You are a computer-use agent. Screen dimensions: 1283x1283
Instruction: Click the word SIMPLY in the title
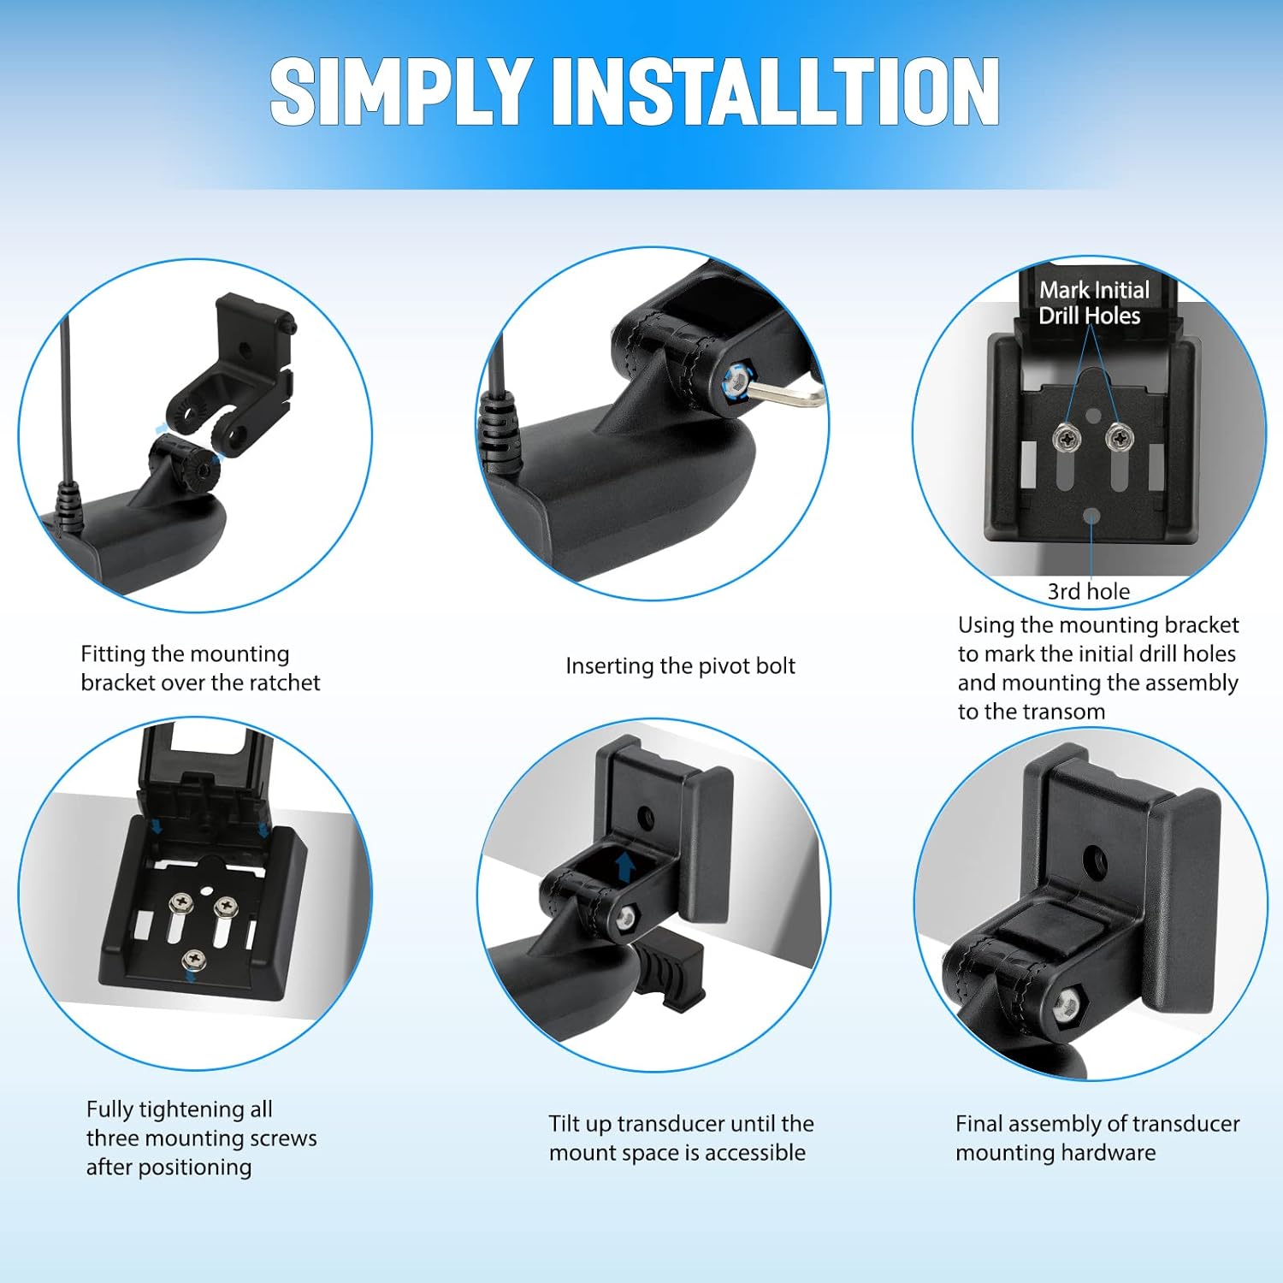click(x=399, y=92)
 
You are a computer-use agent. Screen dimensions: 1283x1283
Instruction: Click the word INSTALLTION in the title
click(x=776, y=92)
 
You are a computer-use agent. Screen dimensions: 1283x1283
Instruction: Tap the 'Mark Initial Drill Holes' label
click(x=1093, y=303)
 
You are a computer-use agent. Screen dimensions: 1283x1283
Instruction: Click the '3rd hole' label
click(x=1088, y=591)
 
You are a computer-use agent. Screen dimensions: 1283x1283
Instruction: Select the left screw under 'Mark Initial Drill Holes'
click(x=1067, y=438)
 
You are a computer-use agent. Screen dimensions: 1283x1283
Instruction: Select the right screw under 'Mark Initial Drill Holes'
click(x=1117, y=438)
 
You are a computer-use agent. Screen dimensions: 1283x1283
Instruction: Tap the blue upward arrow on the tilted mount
click(x=625, y=866)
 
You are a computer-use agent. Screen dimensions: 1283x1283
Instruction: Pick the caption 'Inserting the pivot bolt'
click(x=680, y=666)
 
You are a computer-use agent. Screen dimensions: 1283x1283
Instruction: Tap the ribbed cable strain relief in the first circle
click(x=69, y=508)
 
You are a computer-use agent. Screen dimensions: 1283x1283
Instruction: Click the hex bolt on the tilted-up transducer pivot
click(x=627, y=917)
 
